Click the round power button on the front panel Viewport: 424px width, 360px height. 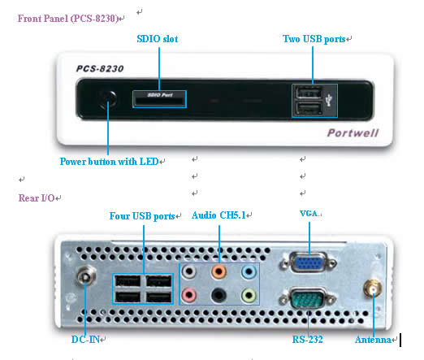(x=108, y=99)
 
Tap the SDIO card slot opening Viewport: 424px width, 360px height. (x=159, y=102)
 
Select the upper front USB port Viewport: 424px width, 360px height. (x=309, y=93)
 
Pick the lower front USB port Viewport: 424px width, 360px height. (x=309, y=108)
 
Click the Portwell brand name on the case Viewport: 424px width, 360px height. (x=353, y=132)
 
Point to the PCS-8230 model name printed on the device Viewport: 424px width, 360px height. (x=100, y=69)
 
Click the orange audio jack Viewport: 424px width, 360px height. (x=218, y=271)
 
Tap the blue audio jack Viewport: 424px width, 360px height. (x=249, y=271)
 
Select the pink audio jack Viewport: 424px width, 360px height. (x=188, y=295)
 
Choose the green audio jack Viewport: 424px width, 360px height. (x=249, y=295)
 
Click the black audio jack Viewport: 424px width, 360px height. (x=218, y=295)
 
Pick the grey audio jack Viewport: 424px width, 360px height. (x=188, y=271)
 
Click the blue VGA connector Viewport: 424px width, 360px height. (x=309, y=262)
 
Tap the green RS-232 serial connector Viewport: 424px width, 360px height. (x=308, y=299)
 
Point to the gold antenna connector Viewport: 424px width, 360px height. (x=373, y=288)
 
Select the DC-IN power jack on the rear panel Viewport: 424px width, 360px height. (x=86, y=276)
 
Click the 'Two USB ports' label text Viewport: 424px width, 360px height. (x=314, y=39)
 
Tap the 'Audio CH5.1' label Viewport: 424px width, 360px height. (x=218, y=215)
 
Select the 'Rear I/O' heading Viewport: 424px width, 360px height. (x=37, y=198)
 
